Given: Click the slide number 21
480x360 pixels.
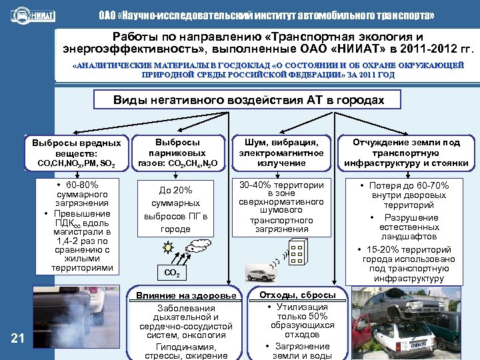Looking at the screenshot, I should point(19,339).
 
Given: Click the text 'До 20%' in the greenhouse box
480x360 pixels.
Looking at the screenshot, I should point(177,191).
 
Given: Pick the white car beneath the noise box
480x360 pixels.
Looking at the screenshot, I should point(264,271).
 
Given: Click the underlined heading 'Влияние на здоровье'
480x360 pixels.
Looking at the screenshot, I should point(186,295).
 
